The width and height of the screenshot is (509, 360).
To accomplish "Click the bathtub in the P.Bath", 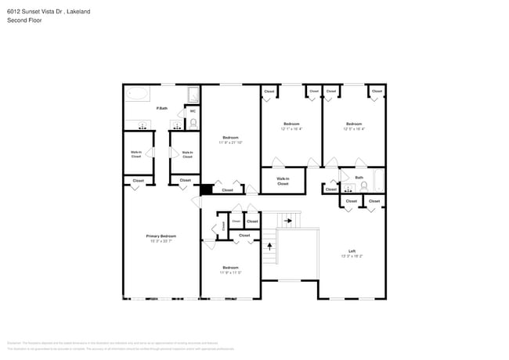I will (138, 95).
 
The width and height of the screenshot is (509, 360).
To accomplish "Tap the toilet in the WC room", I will (193, 123).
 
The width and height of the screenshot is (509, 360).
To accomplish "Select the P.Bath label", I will (162, 108).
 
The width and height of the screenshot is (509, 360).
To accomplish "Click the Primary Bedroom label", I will (161, 236).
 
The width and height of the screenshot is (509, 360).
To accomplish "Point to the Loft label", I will (352, 250).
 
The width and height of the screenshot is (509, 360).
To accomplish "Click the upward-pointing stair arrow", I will (270, 246).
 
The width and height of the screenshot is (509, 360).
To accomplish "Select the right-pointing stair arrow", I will (288, 221).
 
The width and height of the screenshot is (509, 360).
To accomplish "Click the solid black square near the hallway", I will (206, 189).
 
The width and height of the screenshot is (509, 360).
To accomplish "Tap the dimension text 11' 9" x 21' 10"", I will (230, 142).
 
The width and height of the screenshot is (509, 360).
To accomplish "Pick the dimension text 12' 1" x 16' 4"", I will (291, 129).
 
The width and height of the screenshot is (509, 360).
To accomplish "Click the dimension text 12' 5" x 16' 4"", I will (354, 129).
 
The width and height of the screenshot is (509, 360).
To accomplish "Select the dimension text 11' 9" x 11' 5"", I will (230, 272).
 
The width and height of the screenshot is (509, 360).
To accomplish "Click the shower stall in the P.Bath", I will (193, 95).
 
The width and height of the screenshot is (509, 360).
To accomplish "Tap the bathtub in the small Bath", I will (379, 182).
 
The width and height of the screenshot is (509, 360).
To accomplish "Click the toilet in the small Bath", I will (363, 185).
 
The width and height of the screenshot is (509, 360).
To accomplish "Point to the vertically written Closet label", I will (222, 225).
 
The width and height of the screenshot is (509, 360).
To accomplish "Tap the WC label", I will (193, 110).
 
